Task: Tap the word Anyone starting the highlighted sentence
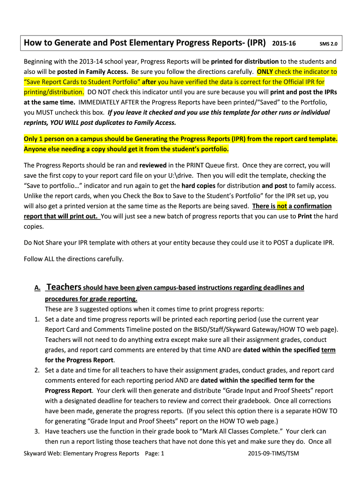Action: (36, 149)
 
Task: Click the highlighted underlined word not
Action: (282, 206)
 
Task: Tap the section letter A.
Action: (37, 288)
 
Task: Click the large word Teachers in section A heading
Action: (65, 287)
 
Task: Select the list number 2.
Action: (37, 370)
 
